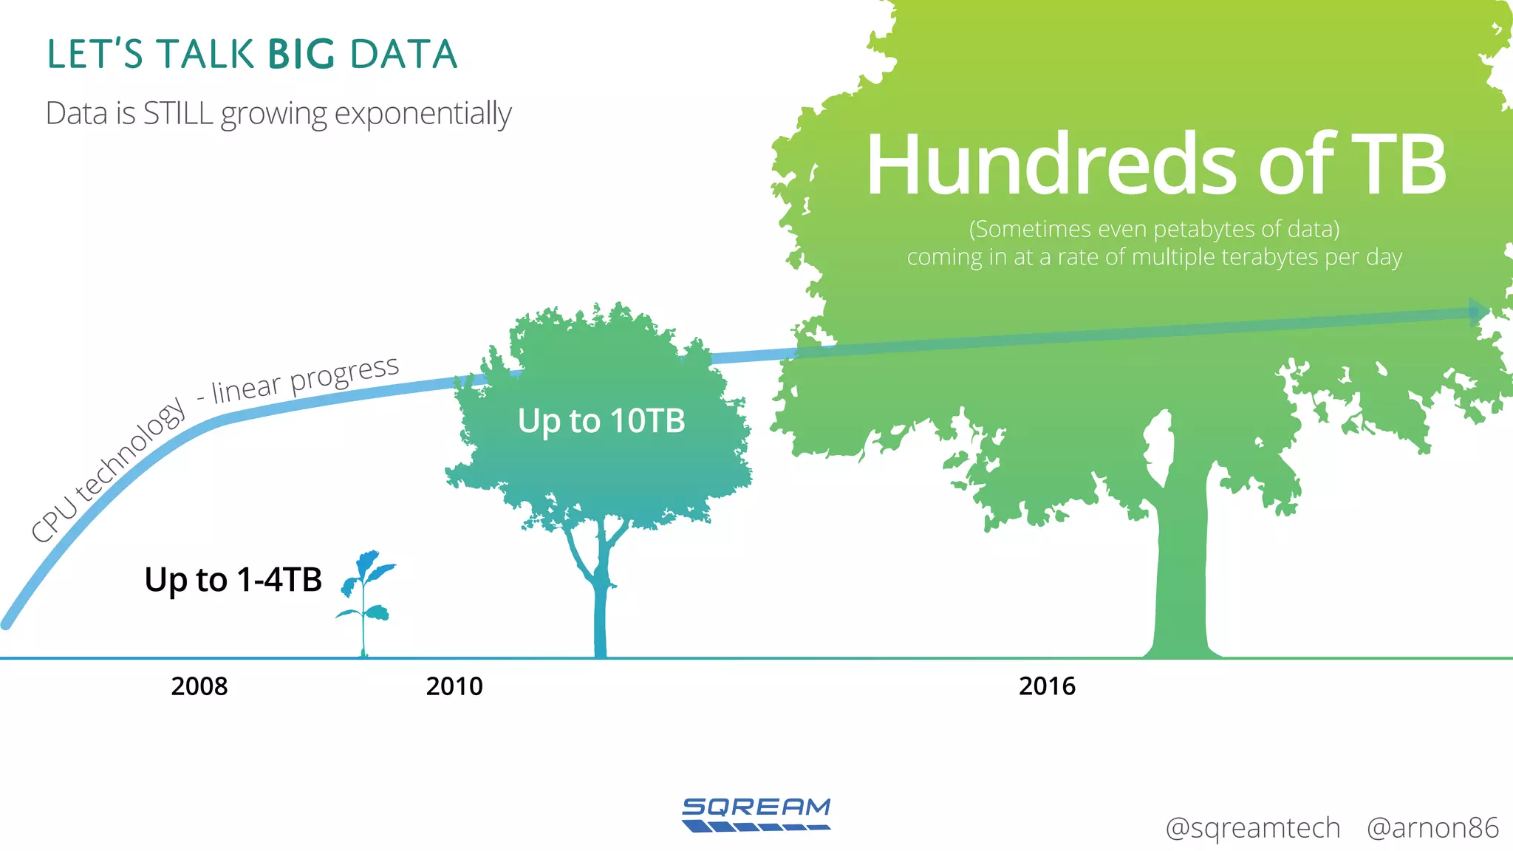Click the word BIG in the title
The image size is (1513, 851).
click(x=301, y=55)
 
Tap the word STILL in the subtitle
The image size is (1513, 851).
click(x=177, y=114)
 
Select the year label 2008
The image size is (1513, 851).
click(x=199, y=686)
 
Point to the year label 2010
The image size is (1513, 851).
click(x=454, y=686)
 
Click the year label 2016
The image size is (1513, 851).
click(x=1047, y=686)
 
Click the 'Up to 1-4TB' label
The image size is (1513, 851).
click(x=233, y=580)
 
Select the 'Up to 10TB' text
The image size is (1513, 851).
click(x=601, y=421)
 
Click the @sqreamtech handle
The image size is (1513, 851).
click(x=1252, y=828)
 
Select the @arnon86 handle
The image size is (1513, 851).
click(x=1432, y=828)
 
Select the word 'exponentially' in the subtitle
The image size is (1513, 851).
click(x=423, y=115)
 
